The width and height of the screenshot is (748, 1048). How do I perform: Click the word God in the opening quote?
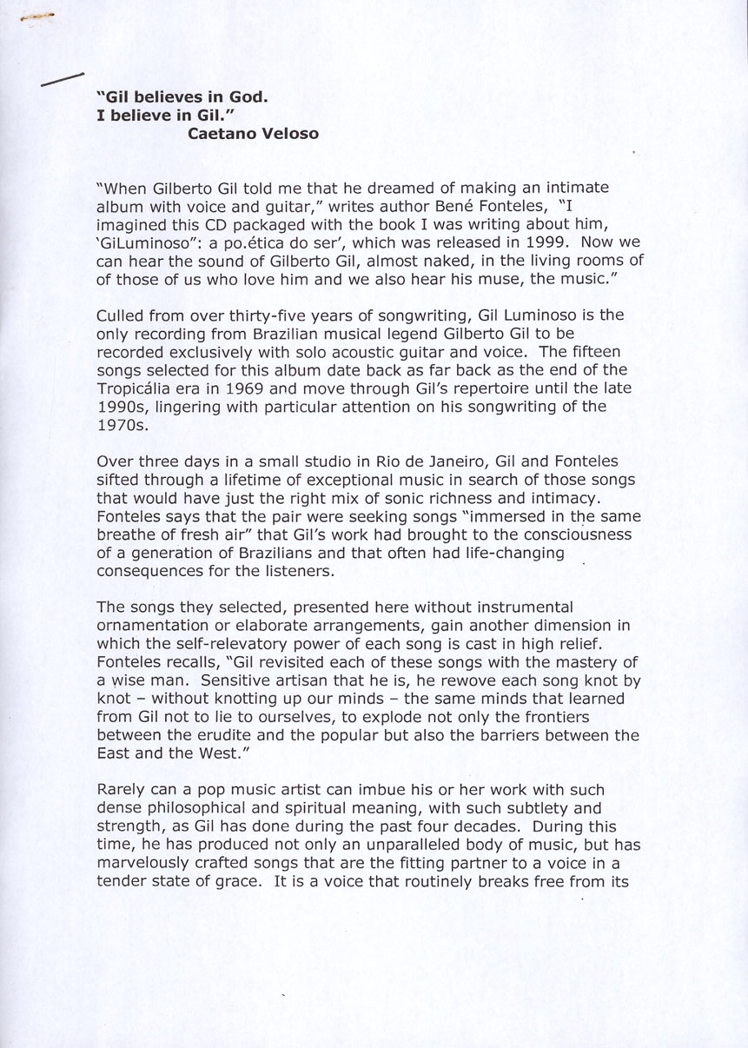(x=248, y=98)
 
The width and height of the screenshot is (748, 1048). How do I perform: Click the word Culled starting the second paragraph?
(x=120, y=315)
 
